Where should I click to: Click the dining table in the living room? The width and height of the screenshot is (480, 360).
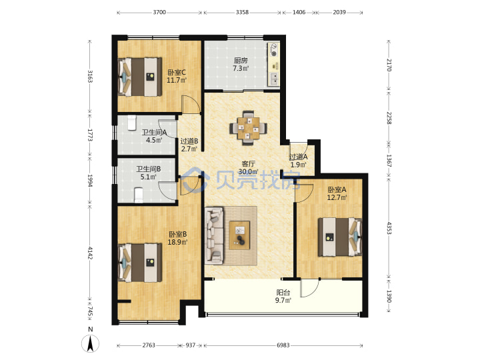(248, 128)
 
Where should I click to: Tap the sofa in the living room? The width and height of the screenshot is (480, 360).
(214, 235)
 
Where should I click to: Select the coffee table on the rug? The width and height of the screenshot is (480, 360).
(239, 235)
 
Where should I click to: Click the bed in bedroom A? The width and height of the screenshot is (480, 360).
(340, 237)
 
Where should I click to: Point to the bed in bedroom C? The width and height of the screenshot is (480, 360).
(140, 77)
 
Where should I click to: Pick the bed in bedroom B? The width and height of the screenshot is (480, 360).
(140, 263)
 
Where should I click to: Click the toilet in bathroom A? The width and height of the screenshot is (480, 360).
(131, 123)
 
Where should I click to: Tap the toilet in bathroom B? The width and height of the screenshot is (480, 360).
(139, 195)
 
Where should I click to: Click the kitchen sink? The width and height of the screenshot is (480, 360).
(274, 79)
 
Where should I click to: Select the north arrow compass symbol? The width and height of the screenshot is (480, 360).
(90, 343)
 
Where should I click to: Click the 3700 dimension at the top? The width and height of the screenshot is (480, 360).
(159, 12)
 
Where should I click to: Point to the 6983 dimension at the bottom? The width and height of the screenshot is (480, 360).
(283, 345)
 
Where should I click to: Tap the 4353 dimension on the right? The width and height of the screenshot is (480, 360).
(389, 228)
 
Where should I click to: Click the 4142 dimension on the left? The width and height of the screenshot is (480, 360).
(90, 253)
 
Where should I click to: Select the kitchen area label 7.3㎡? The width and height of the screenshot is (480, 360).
(241, 68)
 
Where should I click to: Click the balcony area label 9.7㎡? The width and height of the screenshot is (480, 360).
(283, 300)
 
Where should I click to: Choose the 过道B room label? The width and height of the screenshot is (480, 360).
(189, 141)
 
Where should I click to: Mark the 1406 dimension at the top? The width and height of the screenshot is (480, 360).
(299, 12)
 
